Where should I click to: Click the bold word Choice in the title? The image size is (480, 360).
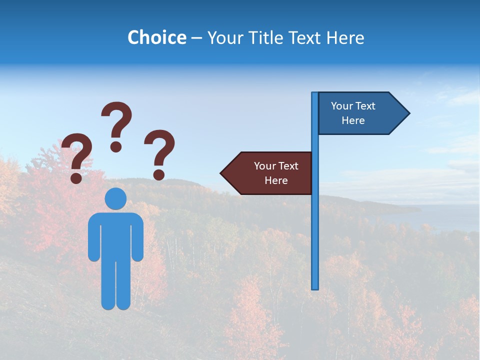click(x=156, y=37)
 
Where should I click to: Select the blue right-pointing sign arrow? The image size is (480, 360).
click(x=360, y=113)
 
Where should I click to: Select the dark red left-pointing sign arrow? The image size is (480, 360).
click(x=270, y=173)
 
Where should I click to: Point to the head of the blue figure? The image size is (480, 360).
click(x=115, y=198)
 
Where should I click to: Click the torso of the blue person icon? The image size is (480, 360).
click(x=115, y=235)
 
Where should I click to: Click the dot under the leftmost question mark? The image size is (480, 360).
click(x=76, y=177)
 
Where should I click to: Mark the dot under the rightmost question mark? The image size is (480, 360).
click(x=159, y=174)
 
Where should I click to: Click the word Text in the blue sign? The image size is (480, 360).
click(x=366, y=106)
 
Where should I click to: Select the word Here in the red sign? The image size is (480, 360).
click(x=276, y=180)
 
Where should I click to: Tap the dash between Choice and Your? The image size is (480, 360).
click(x=196, y=38)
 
